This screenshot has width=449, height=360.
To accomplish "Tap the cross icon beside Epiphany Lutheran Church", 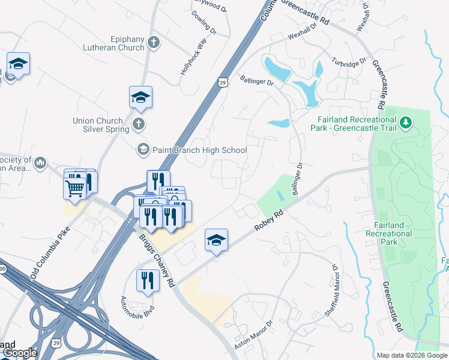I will (x=154, y=43).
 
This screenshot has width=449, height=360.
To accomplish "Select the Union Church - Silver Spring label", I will (x=101, y=125).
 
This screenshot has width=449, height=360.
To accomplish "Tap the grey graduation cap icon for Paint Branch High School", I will (x=143, y=149).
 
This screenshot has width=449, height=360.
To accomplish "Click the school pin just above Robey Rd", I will (x=217, y=241).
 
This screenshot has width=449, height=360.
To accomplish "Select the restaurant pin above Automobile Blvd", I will (x=148, y=281).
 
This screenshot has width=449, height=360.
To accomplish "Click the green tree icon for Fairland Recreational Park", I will (x=406, y=123).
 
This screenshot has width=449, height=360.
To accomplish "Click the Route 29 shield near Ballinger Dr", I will (x=222, y=83).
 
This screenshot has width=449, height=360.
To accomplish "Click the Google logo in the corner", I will (x=20, y=353).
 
